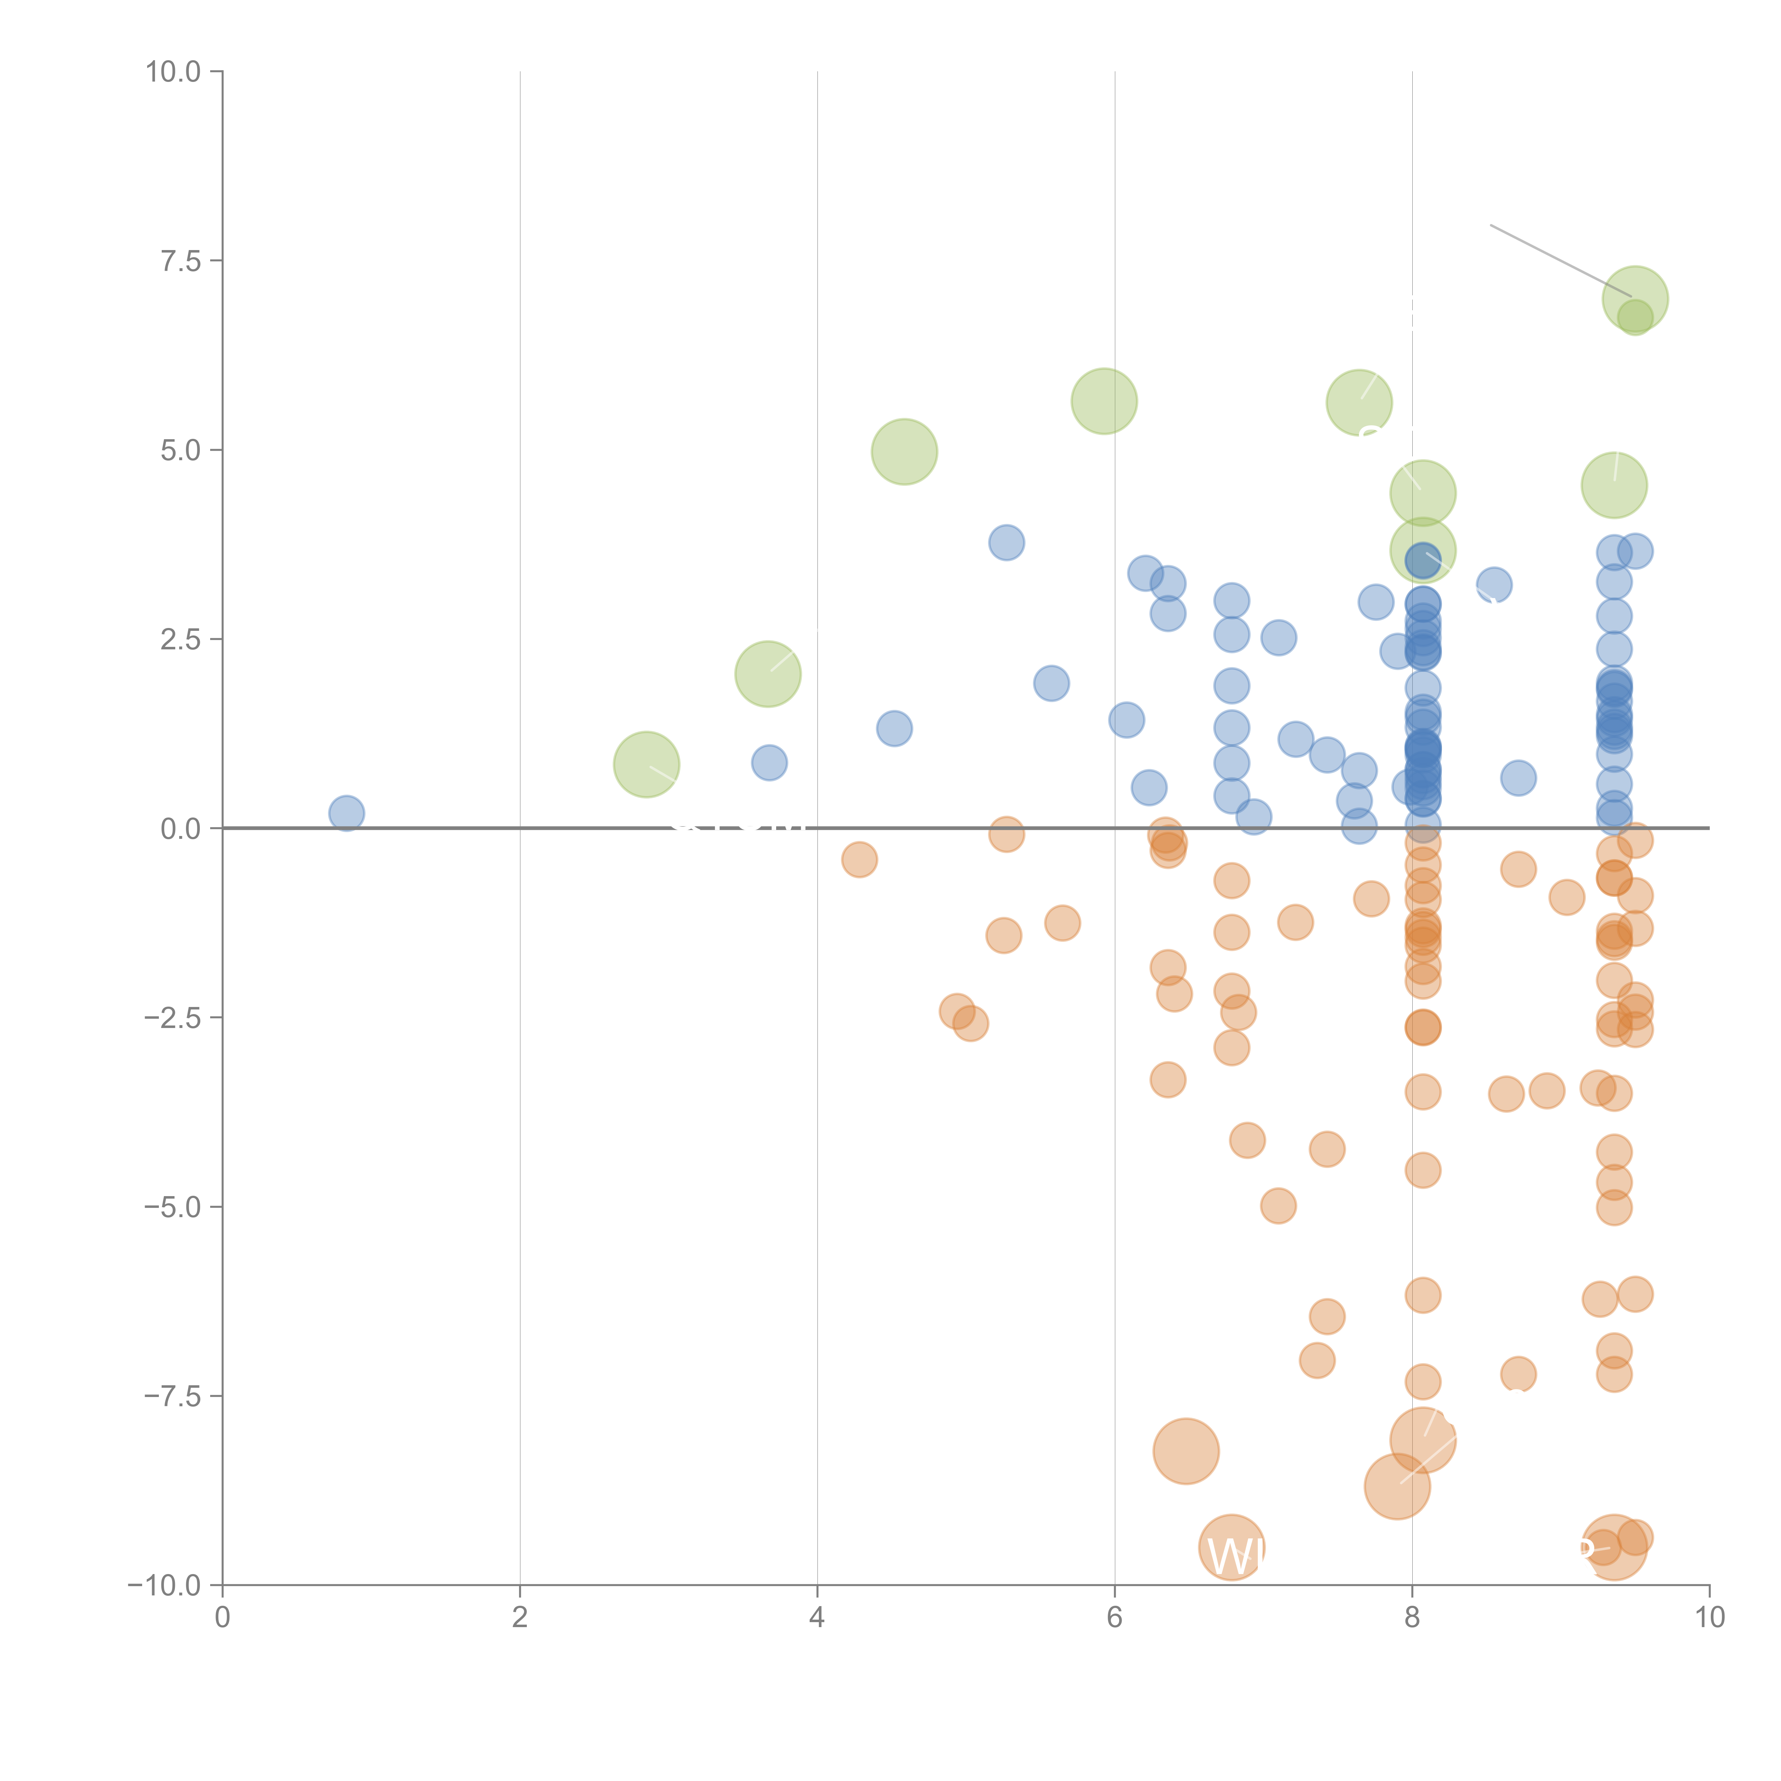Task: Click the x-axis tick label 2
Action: pos(520,1617)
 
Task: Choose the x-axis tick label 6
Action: pos(1115,1617)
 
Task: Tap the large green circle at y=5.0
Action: pos(904,452)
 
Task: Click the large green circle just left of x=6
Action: pos(1104,401)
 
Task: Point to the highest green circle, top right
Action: pos(1635,299)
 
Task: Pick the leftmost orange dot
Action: pos(859,860)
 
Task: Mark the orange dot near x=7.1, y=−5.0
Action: pos(1278,1206)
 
